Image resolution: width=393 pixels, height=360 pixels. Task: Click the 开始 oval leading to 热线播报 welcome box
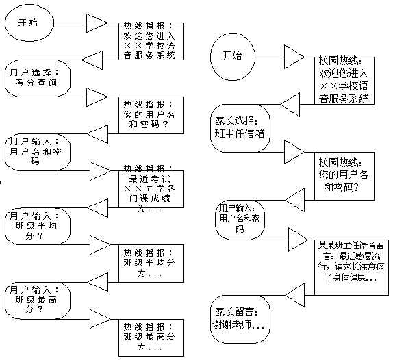pos(29,23)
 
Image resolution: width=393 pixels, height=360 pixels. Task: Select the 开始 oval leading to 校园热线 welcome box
pos(233,57)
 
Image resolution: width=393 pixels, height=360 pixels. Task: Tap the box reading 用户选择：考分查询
pos(38,78)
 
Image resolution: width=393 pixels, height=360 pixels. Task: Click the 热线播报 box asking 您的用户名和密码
pos(151,115)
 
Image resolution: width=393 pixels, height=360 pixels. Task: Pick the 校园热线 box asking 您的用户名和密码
pos(344,176)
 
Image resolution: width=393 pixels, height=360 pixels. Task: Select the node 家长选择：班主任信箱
pos(240,128)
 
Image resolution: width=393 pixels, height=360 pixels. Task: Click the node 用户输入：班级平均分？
pos(38,226)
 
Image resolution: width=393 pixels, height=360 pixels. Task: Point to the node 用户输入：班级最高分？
pos(38,300)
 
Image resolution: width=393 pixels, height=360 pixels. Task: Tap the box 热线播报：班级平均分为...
pos(151,263)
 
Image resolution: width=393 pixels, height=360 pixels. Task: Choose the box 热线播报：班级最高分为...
pos(151,337)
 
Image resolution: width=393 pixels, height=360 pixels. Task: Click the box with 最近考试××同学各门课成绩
pos(151,189)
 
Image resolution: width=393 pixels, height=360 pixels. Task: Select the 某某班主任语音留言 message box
pos(351,268)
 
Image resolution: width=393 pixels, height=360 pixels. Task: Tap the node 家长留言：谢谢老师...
pos(240,319)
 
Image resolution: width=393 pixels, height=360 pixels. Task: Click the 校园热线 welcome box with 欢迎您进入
pos(344,80)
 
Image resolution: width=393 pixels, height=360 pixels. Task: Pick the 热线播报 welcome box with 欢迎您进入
pos(151,41)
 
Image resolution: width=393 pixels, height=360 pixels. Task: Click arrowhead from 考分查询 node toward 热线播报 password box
pos(97,97)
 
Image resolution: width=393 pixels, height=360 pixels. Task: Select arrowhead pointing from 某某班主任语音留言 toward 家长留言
pos(294,295)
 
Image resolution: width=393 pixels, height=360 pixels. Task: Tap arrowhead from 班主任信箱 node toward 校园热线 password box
pos(294,152)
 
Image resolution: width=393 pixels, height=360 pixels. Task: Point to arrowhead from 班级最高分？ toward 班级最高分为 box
pos(100,319)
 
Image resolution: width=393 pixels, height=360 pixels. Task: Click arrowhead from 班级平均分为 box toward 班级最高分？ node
pos(97,282)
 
